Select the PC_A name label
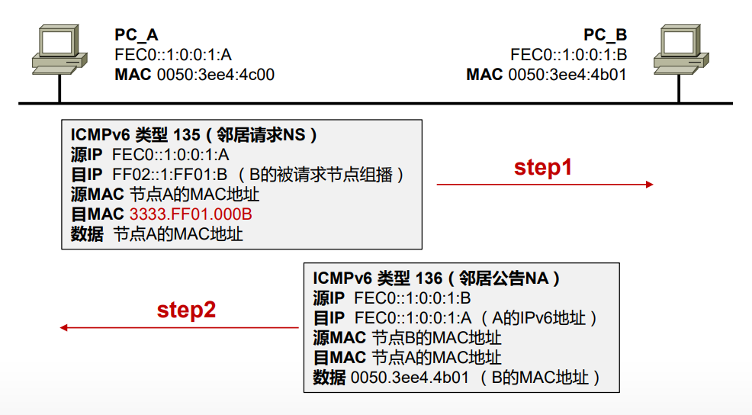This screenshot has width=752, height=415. coord(137,35)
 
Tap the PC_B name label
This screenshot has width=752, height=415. coord(606,35)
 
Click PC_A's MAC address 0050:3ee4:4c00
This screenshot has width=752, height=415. coord(216,75)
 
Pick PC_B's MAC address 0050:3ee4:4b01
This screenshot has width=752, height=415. coord(567,75)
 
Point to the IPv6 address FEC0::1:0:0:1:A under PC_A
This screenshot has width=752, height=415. coord(173,55)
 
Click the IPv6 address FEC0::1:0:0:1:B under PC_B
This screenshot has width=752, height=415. coord(569,55)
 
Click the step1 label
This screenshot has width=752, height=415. coord(543,168)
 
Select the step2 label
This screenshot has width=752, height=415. coord(187,310)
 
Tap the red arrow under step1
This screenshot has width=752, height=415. coord(545,184)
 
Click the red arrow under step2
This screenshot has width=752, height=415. coord(179,328)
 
